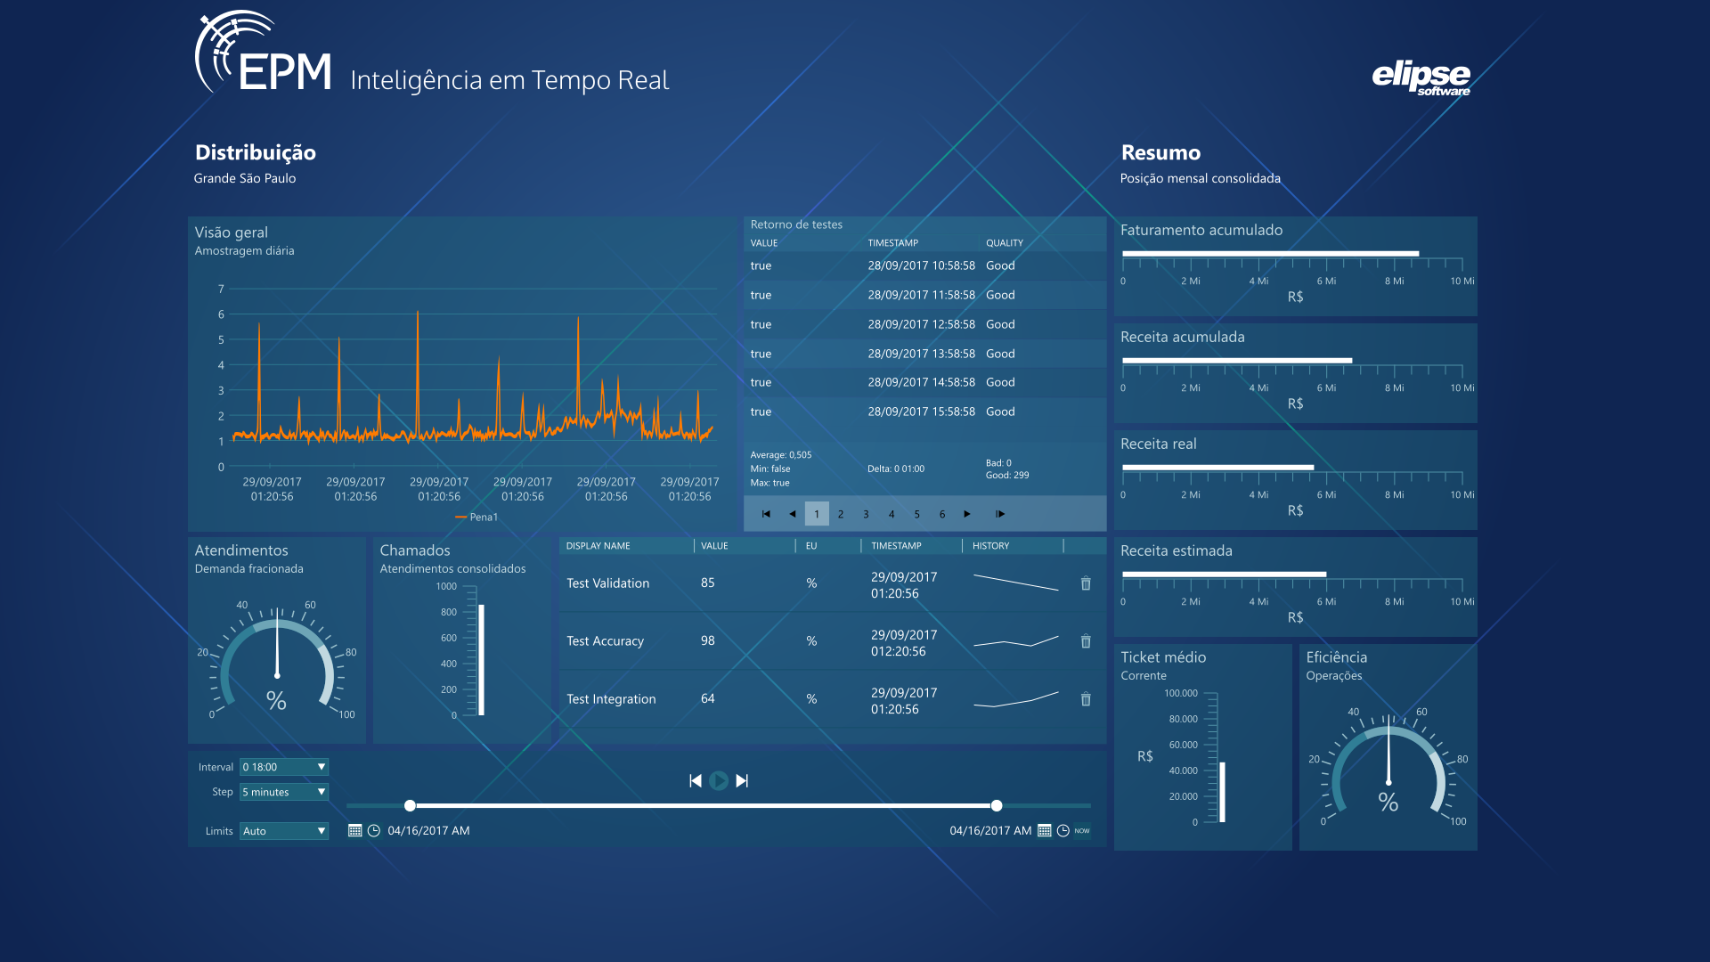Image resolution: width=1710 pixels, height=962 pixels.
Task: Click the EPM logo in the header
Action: click(264, 53)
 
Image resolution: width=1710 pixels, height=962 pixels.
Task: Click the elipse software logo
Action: click(1421, 77)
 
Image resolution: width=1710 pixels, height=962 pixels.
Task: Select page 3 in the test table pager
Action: click(866, 514)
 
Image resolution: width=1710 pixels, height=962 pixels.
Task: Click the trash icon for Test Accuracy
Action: click(1086, 641)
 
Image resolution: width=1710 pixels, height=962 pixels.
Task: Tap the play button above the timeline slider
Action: click(719, 781)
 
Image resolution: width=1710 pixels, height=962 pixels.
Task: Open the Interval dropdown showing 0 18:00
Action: click(284, 767)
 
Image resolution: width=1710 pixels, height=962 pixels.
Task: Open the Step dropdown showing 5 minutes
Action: click(284, 792)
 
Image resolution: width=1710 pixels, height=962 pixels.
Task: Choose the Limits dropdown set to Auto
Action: click(284, 831)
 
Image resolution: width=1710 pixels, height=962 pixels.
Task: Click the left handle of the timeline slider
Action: click(410, 806)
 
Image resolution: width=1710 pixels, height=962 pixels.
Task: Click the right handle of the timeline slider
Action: click(997, 806)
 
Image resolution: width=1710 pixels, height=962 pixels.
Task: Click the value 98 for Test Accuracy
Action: click(708, 641)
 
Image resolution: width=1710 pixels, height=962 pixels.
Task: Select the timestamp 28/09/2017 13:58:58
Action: click(922, 354)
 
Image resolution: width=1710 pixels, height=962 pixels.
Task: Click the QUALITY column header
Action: click(1005, 243)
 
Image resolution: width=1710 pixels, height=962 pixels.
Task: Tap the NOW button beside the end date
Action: click(1082, 831)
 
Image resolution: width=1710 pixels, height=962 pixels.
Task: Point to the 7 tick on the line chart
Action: click(221, 289)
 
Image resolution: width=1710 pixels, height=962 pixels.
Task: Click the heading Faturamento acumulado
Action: click(1201, 231)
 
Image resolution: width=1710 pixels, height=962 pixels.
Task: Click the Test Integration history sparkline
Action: click(1016, 699)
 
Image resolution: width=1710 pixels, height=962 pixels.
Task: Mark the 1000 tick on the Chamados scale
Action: click(446, 587)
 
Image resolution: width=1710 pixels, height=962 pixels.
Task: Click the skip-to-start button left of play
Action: click(696, 781)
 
